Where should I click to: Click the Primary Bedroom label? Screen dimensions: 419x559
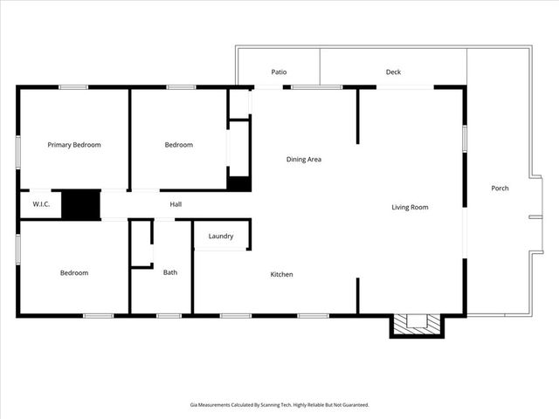point(74,145)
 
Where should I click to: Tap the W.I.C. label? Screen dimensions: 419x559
point(40,204)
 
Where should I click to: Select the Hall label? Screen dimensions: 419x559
point(176,204)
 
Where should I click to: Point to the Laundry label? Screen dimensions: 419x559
point(220,236)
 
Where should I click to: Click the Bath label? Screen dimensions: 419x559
point(170,272)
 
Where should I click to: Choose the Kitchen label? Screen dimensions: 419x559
point(281,274)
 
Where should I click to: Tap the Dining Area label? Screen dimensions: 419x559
point(304,159)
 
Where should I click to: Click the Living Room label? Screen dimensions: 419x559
point(409,207)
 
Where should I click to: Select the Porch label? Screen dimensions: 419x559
point(500,188)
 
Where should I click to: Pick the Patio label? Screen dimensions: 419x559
point(279,72)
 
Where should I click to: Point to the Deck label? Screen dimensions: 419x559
point(393,72)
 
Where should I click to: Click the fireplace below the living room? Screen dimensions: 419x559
point(416,323)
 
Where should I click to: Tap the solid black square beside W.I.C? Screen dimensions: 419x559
point(81,204)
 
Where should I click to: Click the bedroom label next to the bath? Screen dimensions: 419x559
point(74,272)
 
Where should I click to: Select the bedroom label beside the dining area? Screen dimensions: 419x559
point(179,145)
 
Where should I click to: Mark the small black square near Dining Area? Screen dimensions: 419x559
point(239,183)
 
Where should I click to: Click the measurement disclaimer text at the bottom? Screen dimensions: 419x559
point(279,405)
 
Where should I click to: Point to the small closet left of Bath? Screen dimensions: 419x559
point(141,244)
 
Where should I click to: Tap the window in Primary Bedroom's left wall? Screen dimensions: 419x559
point(18,148)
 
